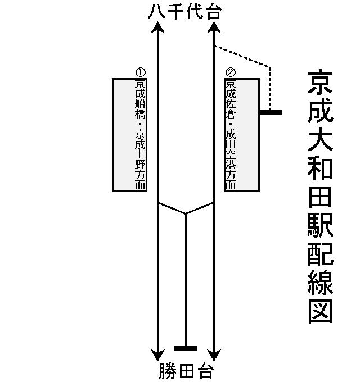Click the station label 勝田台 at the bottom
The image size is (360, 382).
(x=186, y=371)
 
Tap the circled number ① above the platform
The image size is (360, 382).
(x=141, y=72)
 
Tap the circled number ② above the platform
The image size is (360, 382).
(x=230, y=72)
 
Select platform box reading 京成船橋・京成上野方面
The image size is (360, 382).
(x=130, y=135)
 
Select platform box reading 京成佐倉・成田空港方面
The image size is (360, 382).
(x=242, y=135)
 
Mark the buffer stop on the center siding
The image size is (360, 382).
(x=186, y=348)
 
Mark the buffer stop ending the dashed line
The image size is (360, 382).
(x=271, y=112)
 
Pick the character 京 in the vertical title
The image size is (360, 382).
(x=321, y=83)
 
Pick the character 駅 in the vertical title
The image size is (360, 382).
(x=321, y=224)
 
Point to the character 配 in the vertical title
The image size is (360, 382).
(x=321, y=253)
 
